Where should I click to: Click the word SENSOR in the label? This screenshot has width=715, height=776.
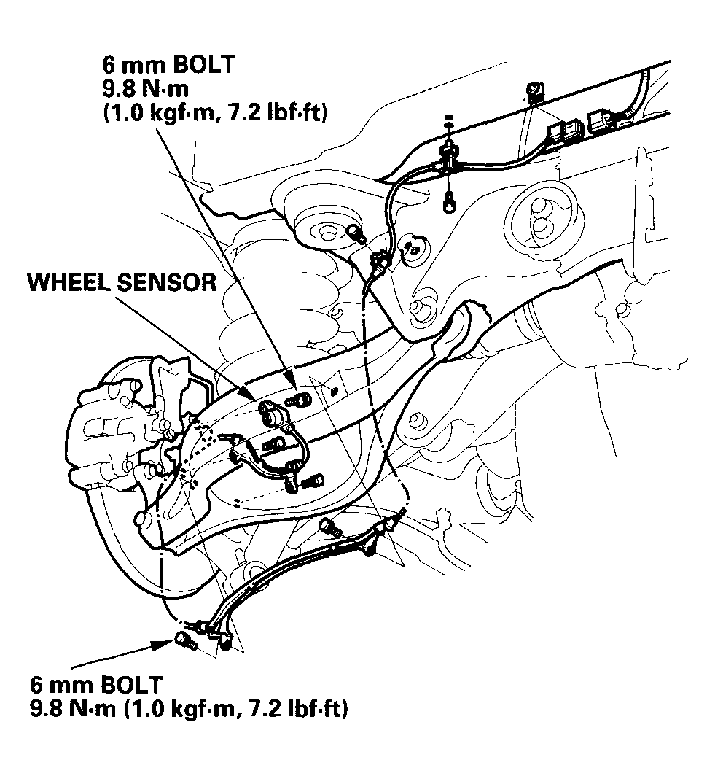pyautogui.click(x=170, y=282)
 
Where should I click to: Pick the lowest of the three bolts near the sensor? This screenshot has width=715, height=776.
pyautogui.click(x=313, y=481)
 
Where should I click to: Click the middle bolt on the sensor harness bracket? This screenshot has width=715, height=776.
pyautogui.click(x=274, y=443)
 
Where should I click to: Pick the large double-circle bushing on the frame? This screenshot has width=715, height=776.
pyautogui.click(x=539, y=219)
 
